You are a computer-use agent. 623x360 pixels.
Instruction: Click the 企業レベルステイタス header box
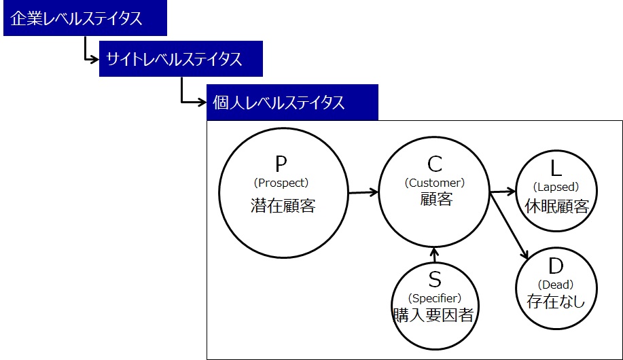[x=85, y=18]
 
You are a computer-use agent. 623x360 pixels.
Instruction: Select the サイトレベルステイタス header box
[x=181, y=59]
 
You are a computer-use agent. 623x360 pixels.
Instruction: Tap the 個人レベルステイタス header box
[x=292, y=102]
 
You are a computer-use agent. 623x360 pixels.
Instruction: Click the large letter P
[x=281, y=164]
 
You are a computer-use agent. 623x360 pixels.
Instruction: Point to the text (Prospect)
[x=281, y=183]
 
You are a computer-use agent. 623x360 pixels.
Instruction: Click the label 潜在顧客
[x=283, y=205]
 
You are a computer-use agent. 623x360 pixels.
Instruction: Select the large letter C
[x=435, y=164]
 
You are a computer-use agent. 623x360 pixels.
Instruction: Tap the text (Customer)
[x=435, y=183]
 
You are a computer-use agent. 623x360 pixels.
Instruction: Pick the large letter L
[x=556, y=168]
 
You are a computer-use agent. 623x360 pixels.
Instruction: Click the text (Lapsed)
[x=556, y=187]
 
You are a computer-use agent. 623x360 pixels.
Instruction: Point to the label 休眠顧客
[x=556, y=206]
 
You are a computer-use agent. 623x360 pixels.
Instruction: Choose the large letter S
[x=435, y=279]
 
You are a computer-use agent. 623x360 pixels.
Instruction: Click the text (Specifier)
[x=435, y=298]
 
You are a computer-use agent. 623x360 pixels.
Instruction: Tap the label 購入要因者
[x=433, y=315]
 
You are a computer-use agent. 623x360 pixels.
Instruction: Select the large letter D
[x=556, y=266]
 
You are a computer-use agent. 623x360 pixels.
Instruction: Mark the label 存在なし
[x=556, y=301]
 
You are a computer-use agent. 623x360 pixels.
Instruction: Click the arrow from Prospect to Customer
[x=363, y=192]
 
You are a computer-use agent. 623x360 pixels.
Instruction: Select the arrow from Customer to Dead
[x=509, y=226]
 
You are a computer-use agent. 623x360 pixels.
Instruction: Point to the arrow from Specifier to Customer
[x=434, y=255]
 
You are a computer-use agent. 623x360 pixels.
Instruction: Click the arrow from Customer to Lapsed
[x=503, y=192]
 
